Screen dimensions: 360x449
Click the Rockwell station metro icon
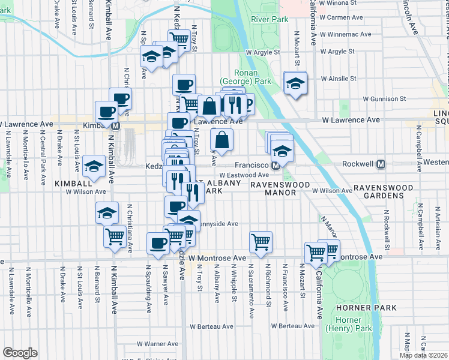click(381, 164)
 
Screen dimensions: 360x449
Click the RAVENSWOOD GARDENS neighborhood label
click(382, 192)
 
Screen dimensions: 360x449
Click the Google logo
click(20, 353)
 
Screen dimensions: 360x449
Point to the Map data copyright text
click(423, 355)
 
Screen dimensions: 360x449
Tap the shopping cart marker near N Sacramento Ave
click(261, 242)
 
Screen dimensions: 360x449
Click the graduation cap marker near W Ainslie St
click(295, 83)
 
